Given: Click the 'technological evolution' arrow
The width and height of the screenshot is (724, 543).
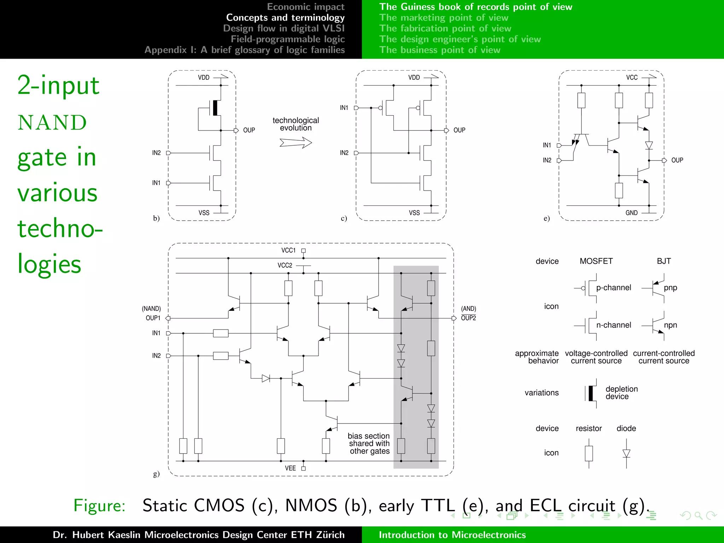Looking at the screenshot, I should [x=296, y=143].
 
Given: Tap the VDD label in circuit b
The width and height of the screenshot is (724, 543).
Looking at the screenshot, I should [x=204, y=77].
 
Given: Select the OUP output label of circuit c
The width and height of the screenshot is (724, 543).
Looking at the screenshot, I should [x=459, y=130].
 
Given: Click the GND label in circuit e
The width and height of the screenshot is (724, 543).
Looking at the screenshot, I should [x=631, y=213].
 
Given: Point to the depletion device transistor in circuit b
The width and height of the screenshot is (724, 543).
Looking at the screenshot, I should [x=215, y=108].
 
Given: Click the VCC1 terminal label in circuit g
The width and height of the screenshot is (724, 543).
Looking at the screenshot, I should [x=288, y=250].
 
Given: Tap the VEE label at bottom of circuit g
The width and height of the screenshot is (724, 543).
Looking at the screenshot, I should [x=290, y=468].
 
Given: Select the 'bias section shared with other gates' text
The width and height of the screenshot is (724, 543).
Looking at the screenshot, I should [x=369, y=443].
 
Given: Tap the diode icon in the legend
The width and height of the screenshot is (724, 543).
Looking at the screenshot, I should [x=626, y=453].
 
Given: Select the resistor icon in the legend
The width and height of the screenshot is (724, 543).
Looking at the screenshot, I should [x=589, y=453].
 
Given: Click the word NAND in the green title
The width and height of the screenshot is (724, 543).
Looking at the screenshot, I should [x=52, y=123].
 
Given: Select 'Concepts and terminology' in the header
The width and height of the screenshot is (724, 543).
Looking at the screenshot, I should [x=285, y=17].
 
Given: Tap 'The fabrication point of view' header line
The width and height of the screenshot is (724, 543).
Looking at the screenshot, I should [x=445, y=28].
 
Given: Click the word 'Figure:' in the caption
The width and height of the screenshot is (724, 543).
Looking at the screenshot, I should [x=99, y=505].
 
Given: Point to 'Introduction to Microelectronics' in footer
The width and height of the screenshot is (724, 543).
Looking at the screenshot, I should [x=452, y=535].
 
